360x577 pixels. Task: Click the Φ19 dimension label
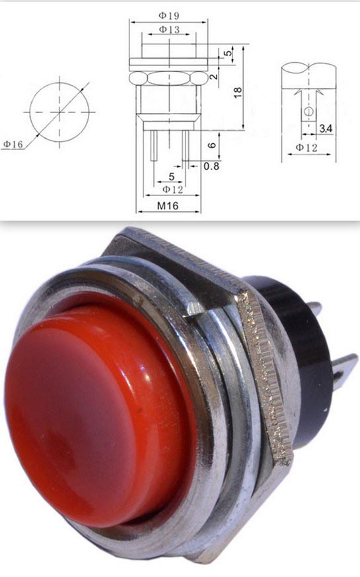(168, 15)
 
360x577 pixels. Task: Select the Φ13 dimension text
(169, 30)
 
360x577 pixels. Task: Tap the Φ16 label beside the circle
(13, 144)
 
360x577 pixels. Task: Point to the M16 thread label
(168, 206)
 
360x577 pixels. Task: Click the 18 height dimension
(238, 92)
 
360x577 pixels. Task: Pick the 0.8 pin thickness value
(211, 166)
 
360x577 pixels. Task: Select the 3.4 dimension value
(326, 129)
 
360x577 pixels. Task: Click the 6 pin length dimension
(211, 145)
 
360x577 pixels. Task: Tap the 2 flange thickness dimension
(214, 77)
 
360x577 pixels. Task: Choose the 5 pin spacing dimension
(171, 177)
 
